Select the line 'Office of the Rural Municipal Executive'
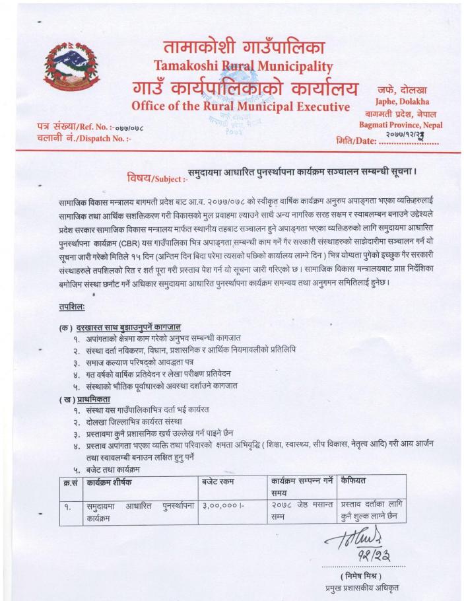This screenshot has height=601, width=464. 240,106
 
